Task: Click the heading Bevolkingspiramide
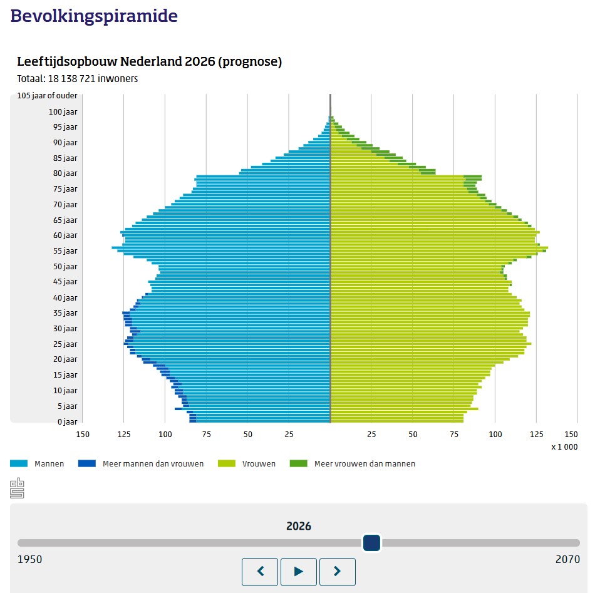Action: point(94,16)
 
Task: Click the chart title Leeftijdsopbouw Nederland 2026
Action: point(149,62)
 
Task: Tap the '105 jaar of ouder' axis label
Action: point(48,96)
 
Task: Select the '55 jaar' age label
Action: point(65,251)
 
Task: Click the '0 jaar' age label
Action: point(67,421)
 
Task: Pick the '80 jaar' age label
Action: point(65,173)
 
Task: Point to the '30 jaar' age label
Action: point(65,329)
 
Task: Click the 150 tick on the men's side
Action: point(83,434)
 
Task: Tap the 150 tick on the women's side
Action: point(572,434)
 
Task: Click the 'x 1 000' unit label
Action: point(564,447)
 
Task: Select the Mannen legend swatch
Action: point(19,464)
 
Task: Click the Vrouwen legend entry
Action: point(259,464)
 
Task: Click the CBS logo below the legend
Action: point(17,488)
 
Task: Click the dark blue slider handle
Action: point(372,543)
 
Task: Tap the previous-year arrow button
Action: point(260,571)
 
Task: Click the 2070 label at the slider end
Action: point(567,559)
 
